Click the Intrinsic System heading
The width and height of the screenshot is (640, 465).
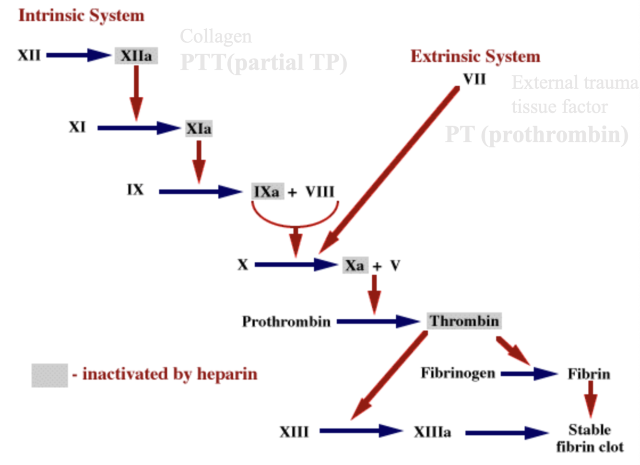click(x=81, y=15)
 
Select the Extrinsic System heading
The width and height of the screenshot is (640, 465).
click(x=475, y=57)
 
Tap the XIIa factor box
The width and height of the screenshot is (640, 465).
click(x=136, y=56)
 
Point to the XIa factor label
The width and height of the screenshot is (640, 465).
click(x=199, y=128)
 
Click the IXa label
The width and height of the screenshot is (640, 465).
click(x=267, y=192)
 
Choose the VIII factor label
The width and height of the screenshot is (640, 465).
click(x=320, y=192)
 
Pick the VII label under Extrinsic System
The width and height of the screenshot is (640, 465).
click(x=474, y=79)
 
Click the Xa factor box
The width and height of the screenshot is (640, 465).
click(x=355, y=266)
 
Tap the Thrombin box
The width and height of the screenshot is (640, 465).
click(x=464, y=321)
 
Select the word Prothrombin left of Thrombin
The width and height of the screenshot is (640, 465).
click(x=286, y=321)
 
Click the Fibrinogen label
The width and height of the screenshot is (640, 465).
click(x=458, y=373)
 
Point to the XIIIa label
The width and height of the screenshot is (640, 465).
click(x=432, y=432)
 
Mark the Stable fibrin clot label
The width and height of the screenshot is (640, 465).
click(x=590, y=438)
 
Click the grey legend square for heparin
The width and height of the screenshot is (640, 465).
click(x=49, y=375)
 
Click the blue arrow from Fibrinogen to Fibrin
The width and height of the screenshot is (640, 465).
click(x=528, y=373)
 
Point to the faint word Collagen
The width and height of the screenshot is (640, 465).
click(x=215, y=36)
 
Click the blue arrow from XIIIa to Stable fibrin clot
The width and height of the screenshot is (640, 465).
click(x=506, y=433)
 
